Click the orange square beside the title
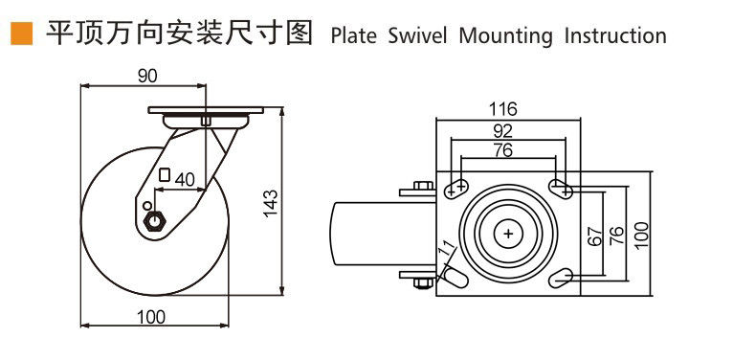pyautogui.click(x=22, y=34)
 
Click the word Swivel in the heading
pyautogui.click(x=417, y=36)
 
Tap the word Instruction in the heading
pyautogui.click(x=615, y=36)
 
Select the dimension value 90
pyautogui.click(x=147, y=77)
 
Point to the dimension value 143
pyautogui.click(x=271, y=203)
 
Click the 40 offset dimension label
pyautogui.click(x=185, y=180)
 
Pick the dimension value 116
pyautogui.click(x=502, y=110)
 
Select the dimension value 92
pyautogui.click(x=503, y=131)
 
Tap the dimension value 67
pyautogui.click(x=595, y=236)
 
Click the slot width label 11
pyautogui.click(x=447, y=249)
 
